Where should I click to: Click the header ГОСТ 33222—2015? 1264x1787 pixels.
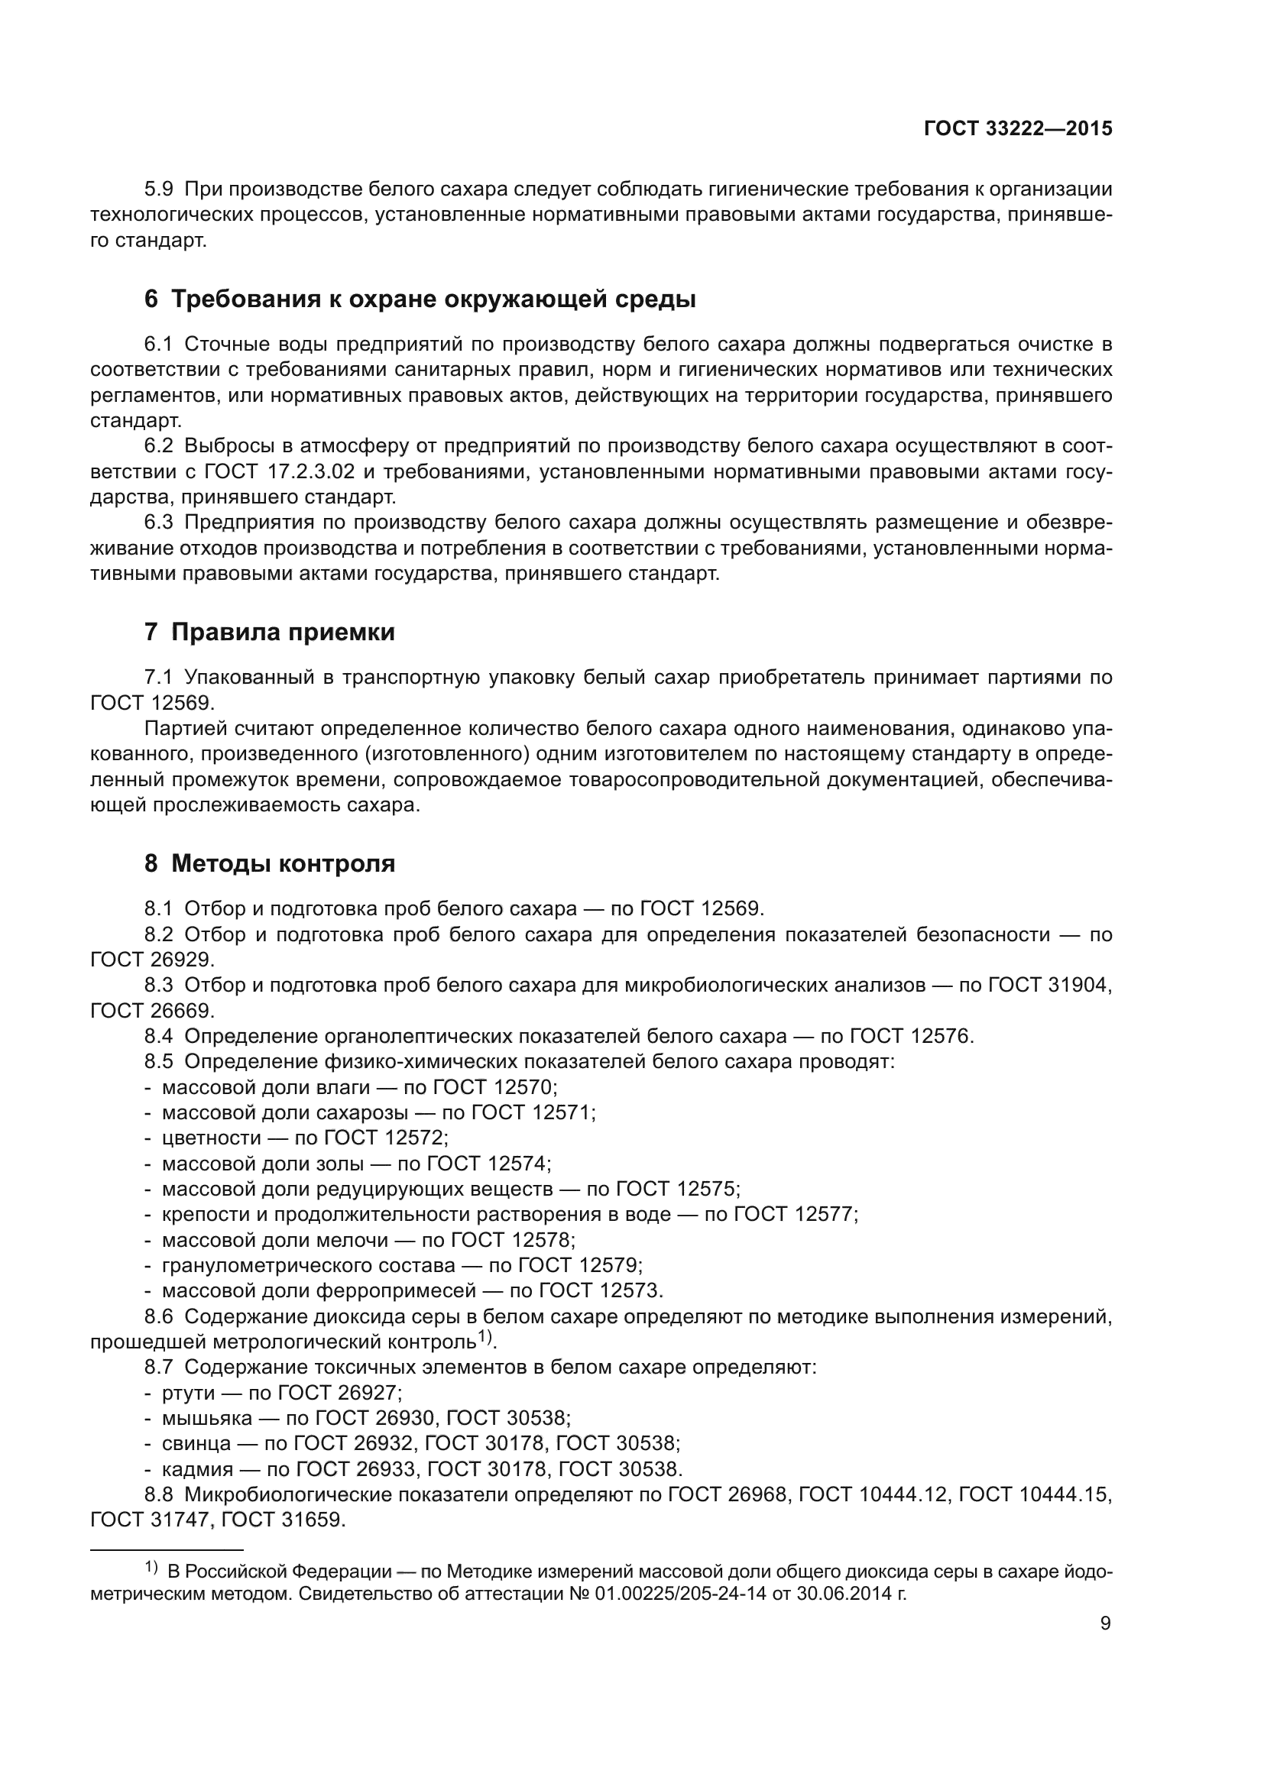click(x=1018, y=129)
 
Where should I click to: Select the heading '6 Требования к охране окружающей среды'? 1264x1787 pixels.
click(x=420, y=299)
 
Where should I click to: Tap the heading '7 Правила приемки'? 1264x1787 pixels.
click(x=269, y=632)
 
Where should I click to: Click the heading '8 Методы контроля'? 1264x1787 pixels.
click(x=269, y=863)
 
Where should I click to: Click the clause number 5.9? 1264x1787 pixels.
click(x=160, y=189)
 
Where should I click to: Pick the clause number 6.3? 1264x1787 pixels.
click(x=160, y=523)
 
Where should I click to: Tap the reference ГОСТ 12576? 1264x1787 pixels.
click(x=910, y=1036)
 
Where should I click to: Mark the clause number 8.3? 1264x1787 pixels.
click(x=160, y=986)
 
